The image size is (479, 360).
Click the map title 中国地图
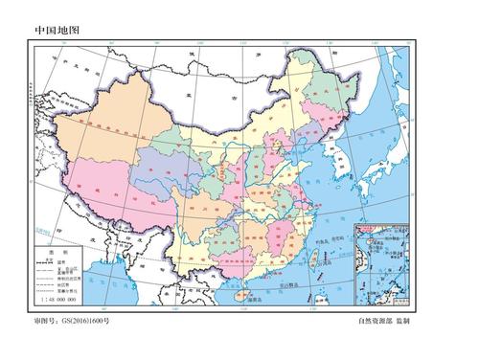57,30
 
